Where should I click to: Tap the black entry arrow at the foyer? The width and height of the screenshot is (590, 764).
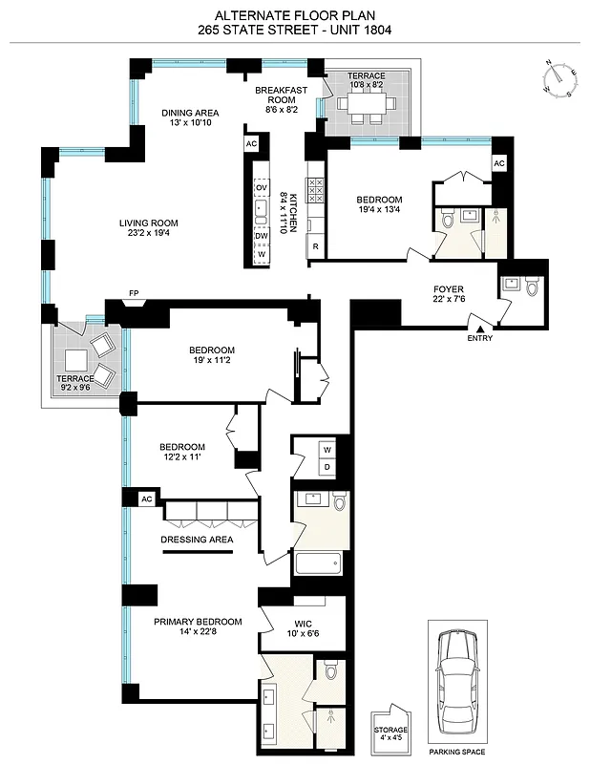(x=481, y=328)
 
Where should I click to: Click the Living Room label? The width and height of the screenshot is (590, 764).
(x=148, y=229)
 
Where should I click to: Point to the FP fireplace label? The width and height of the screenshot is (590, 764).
(x=134, y=294)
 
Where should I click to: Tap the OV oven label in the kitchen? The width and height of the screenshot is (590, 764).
(x=261, y=187)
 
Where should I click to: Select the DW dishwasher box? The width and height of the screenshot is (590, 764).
(x=261, y=235)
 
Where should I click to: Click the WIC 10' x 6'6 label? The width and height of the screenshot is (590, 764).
(x=295, y=627)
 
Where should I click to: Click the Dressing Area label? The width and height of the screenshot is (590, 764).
(x=197, y=540)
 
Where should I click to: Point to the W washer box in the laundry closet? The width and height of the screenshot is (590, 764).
(x=327, y=449)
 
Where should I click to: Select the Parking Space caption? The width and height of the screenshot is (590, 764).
(x=456, y=751)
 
